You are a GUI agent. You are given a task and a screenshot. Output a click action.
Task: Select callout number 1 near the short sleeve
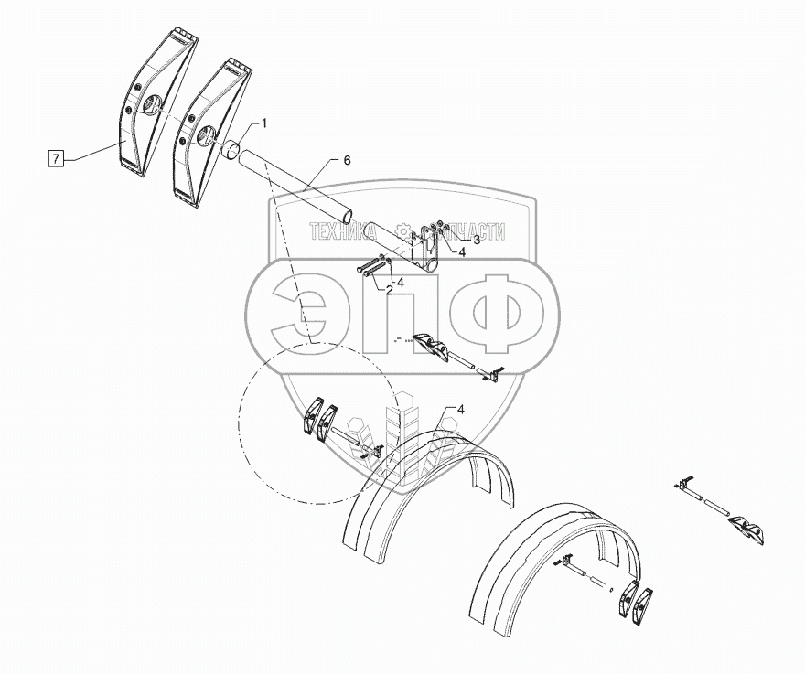pyautogui.click(x=264, y=122)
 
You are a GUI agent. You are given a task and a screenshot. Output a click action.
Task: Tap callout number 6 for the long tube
pyautogui.click(x=348, y=160)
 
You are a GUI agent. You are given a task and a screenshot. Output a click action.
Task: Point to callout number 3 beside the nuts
pyautogui.click(x=451, y=239)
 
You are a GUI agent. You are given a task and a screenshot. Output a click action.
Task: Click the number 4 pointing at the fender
pyautogui.click(x=461, y=409)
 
